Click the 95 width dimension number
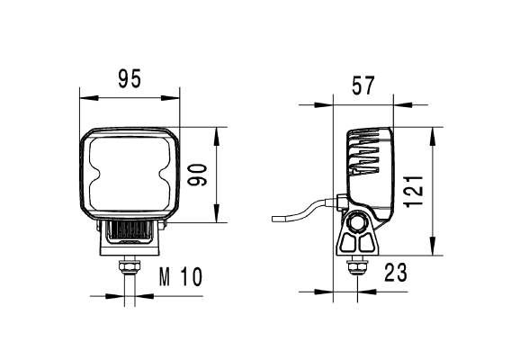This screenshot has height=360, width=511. pos(130,79)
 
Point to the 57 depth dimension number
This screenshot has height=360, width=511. pos(363,86)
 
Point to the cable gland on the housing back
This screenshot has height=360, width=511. pos(339,200)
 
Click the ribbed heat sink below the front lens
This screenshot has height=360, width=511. pos(132,231)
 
